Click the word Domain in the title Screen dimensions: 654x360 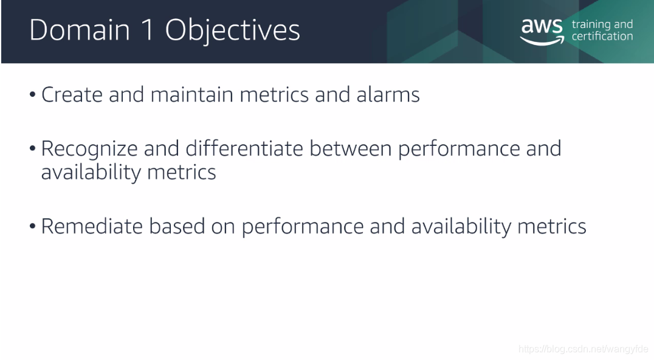pyautogui.click(x=80, y=30)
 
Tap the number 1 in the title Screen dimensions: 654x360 pyautogui.click(x=147, y=30)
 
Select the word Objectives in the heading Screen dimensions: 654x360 pyautogui.click(x=232, y=31)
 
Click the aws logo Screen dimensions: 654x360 pyautogui.click(x=542, y=32)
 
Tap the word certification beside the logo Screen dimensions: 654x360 pyautogui.click(x=602, y=36)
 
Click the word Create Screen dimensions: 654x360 pyautogui.click(x=72, y=95)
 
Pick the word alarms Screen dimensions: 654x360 pyautogui.click(x=388, y=95)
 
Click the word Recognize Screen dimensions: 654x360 pyautogui.click(x=89, y=150)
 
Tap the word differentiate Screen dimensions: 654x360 pyautogui.click(x=244, y=148)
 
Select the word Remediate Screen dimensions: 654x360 pyautogui.click(x=92, y=226)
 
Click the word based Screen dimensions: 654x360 pyautogui.click(x=177, y=226)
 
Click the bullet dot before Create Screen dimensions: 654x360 pyautogui.click(x=33, y=95)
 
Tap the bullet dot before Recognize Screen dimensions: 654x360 pyautogui.click(x=33, y=149)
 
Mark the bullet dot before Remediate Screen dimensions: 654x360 pyautogui.click(x=33, y=227)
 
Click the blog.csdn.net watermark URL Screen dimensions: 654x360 pyautogui.click(x=583, y=349)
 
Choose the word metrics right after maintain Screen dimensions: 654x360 pyautogui.click(x=274, y=95)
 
